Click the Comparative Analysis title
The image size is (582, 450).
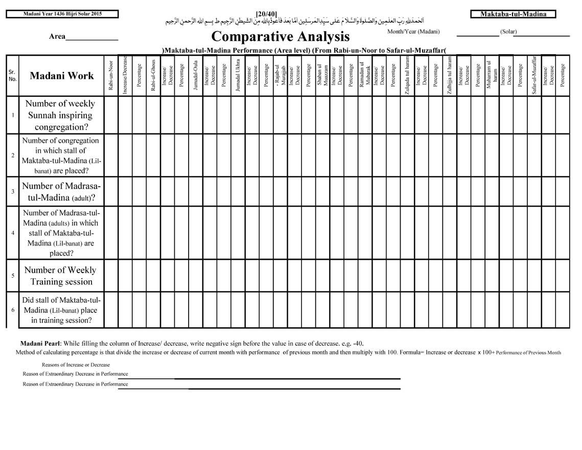[280, 37]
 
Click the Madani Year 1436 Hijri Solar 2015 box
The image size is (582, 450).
[62, 14]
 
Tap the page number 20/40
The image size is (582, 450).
[266, 13]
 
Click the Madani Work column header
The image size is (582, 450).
[62, 76]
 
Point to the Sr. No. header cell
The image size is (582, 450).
[13, 76]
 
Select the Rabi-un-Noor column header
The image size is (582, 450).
[111, 76]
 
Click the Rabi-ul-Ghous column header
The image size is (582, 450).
[153, 76]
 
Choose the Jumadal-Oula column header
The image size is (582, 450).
[196, 76]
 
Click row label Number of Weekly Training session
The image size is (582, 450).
[60, 276]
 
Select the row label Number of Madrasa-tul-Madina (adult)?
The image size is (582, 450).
[61, 192]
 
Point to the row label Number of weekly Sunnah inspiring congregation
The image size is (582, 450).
[60, 115]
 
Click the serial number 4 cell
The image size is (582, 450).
[13, 233]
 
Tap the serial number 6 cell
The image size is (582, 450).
[13, 310]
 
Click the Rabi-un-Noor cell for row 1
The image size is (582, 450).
[111, 115]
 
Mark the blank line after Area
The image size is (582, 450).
[92, 39]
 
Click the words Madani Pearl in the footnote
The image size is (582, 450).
[41, 343]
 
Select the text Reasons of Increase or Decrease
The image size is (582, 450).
[76, 365]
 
